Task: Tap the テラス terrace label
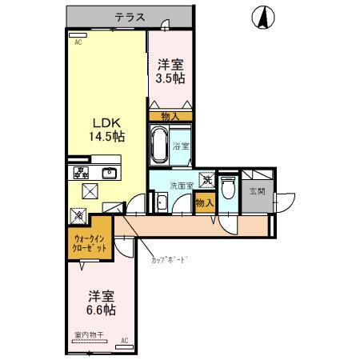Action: tap(129, 17)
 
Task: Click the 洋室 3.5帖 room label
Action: tap(170, 71)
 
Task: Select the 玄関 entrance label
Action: tap(257, 191)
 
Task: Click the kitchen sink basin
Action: tap(109, 173)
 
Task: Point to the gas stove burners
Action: tap(80, 173)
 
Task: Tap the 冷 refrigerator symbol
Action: tap(78, 214)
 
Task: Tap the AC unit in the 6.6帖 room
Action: tap(124, 342)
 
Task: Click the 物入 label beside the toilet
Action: tap(205, 203)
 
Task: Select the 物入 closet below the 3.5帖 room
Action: tap(170, 116)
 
